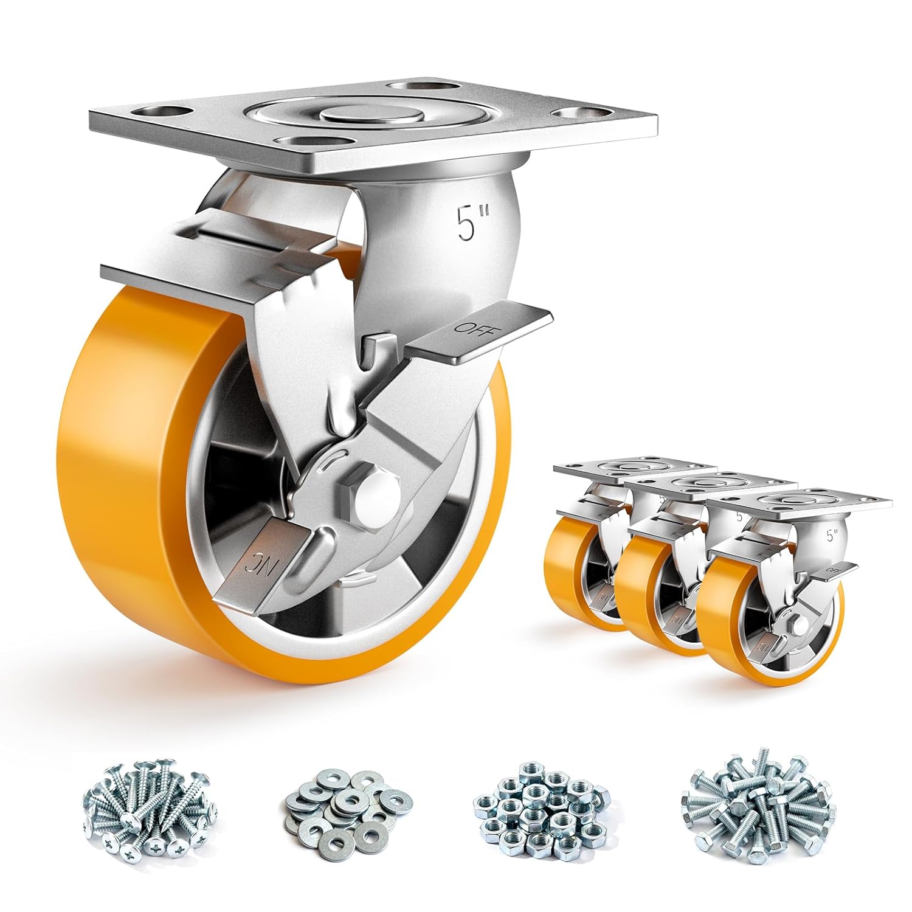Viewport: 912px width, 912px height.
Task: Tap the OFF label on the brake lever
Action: coord(471,326)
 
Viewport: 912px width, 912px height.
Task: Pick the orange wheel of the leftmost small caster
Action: coord(578,572)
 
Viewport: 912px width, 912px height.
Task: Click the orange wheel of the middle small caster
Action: coord(638,602)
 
